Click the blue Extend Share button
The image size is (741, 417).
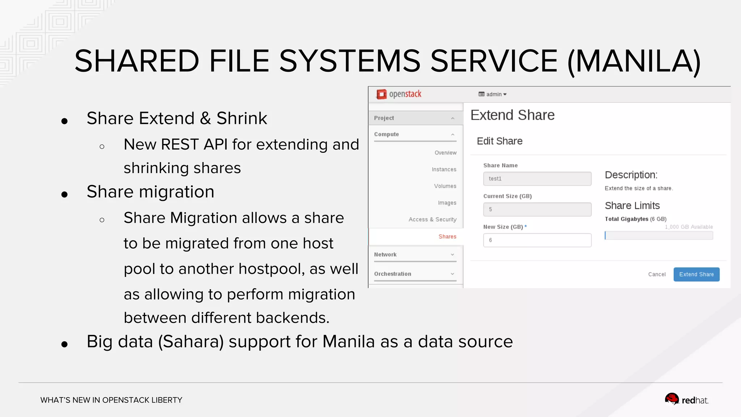click(x=696, y=274)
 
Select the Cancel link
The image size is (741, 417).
click(x=657, y=274)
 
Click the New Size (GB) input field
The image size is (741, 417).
click(x=537, y=240)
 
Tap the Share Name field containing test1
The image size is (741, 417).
click(x=537, y=179)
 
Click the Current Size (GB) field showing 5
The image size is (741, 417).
click(x=537, y=210)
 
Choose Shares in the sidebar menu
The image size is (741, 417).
click(x=447, y=237)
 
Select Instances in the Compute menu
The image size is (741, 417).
click(x=444, y=169)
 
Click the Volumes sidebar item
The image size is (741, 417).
click(x=445, y=186)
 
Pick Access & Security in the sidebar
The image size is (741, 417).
click(x=432, y=219)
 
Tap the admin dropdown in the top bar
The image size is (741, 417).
click(x=493, y=94)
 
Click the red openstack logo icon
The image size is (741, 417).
click(x=381, y=94)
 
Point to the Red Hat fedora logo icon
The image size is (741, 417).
click(x=672, y=399)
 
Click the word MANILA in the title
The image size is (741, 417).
click(x=634, y=61)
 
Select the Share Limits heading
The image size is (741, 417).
click(x=632, y=206)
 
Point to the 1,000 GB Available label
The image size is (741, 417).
click(x=689, y=227)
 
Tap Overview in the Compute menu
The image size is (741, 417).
click(x=445, y=153)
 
